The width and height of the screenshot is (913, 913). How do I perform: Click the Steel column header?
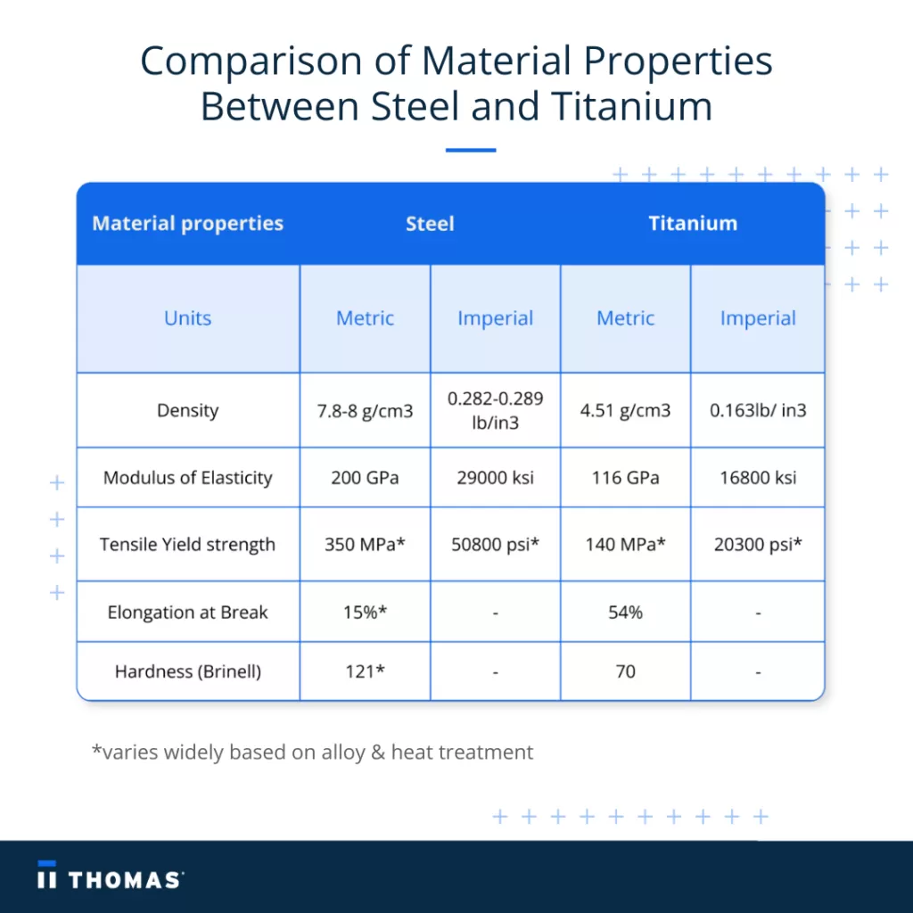[430, 224]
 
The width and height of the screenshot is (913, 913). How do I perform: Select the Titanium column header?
[693, 224]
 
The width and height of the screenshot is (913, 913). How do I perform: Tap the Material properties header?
[187, 224]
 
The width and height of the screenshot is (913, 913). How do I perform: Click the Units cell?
[187, 318]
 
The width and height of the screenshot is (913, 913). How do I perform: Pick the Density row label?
[187, 410]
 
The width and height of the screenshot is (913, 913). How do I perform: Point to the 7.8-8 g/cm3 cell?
[365, 411]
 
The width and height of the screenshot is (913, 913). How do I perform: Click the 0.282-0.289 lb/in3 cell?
[496, 410]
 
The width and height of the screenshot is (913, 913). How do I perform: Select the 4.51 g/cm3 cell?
[625, 410]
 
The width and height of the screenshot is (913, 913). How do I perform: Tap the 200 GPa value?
[365, 478]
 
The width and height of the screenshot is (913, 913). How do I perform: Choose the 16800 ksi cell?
[758, 478]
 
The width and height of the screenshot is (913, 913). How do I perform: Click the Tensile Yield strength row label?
[187, 545]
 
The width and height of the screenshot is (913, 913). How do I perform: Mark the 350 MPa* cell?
[365, 545]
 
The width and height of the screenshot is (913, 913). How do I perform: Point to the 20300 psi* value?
[758, 545]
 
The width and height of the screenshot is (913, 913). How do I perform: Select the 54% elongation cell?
[625, 613]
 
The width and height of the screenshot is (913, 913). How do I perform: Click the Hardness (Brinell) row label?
[187, 672]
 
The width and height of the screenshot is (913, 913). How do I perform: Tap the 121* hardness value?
[365, 671]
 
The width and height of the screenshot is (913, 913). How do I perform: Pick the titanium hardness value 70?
[625, 672]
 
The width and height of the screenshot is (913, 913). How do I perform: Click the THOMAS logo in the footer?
[111, 876]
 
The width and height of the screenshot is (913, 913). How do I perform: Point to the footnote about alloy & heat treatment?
[313, 753]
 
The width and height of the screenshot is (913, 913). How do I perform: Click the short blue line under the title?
[471, 150]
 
